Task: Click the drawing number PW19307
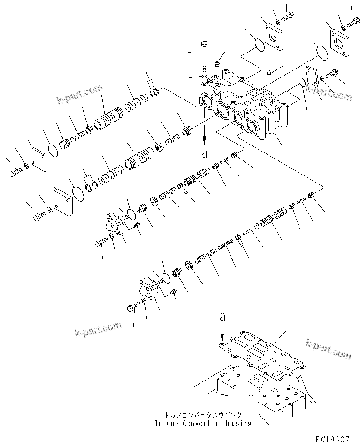332,439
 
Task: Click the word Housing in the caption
237,423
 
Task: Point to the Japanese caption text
203,415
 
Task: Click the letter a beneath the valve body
204,153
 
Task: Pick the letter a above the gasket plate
222,317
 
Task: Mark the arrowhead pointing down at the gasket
222,336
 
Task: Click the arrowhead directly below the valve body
204,139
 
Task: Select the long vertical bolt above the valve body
204,56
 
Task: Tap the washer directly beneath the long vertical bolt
205,76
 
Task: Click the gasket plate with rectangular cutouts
262,353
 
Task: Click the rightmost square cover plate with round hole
340,42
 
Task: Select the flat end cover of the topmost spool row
38,159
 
